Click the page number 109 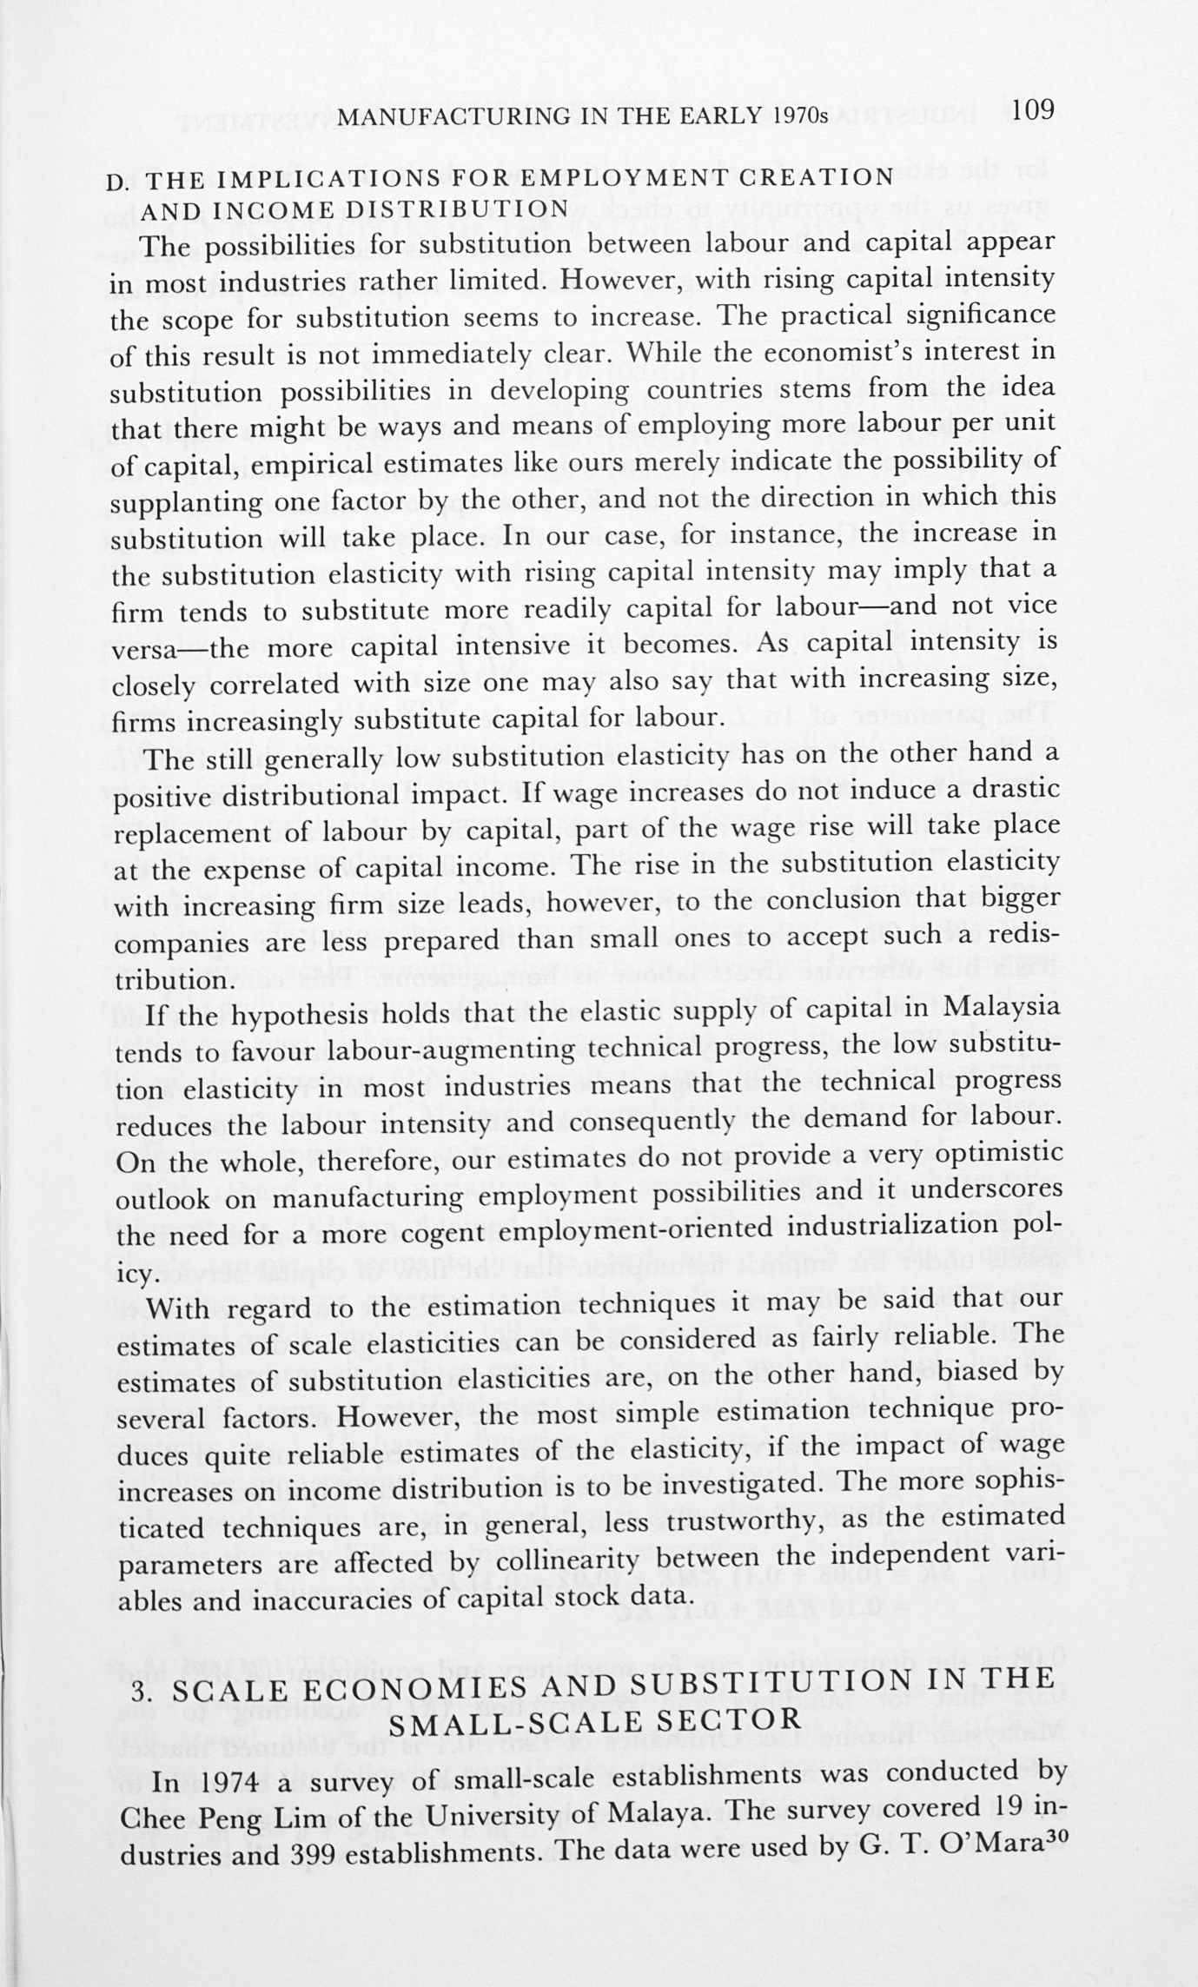pyautogui.click(x=1033, y=109)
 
